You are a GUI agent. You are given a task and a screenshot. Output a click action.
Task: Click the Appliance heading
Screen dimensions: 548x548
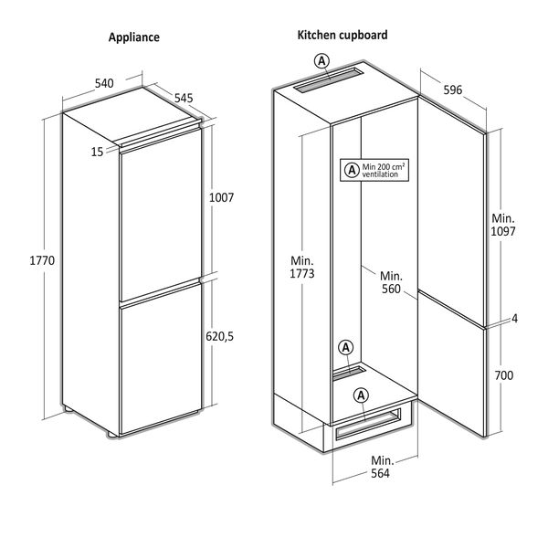(134, 37)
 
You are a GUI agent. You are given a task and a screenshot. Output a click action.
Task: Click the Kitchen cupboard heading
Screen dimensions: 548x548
(342, 35)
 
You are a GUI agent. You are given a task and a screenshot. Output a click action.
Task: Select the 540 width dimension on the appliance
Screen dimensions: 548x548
(104, 83)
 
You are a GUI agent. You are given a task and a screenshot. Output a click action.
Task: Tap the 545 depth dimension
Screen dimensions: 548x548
(184, 99)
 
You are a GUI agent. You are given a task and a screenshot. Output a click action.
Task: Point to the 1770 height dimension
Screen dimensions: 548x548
(42, 260)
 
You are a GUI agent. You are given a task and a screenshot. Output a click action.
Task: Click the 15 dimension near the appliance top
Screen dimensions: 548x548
(97, 152)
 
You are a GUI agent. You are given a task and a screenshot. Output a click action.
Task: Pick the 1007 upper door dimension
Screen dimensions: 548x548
(221, 198)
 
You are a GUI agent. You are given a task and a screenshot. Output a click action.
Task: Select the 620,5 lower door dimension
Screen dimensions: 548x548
(219, 336)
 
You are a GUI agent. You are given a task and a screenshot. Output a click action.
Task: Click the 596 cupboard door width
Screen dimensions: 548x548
(453, 90)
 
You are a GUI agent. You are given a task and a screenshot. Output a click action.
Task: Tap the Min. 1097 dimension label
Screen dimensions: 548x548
(503, 225)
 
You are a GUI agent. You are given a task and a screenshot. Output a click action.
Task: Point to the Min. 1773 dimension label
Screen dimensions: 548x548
(302, 267)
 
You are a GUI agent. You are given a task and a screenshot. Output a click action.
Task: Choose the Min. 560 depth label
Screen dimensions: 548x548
(391, 282)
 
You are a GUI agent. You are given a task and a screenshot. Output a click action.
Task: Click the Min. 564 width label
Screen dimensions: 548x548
(380, 467)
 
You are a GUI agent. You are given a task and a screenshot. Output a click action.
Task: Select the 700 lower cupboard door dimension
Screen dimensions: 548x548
(504, 375)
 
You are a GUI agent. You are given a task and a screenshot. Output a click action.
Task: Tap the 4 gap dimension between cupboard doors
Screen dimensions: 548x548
(514, 319)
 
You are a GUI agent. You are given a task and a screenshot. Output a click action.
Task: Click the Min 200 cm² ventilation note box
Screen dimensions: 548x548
(374, 170)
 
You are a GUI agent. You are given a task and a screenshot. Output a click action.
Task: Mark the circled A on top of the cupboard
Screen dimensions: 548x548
(321, 61)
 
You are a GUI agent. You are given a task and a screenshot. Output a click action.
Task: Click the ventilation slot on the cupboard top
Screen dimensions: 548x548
(329, 80)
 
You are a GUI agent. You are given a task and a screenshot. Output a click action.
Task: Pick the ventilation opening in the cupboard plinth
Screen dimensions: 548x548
(368, 424)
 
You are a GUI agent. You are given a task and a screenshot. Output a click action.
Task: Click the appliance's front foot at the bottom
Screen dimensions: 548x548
(112, 434)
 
